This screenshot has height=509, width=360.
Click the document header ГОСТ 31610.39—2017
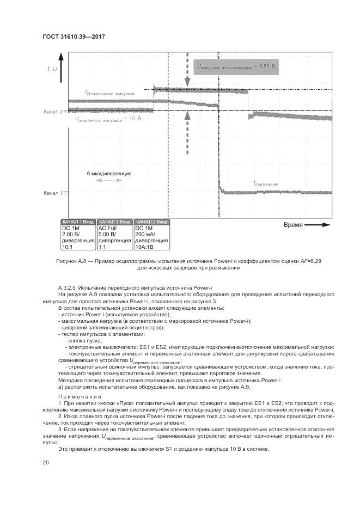point(73,36)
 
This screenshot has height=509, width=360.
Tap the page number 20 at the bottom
point(46,462)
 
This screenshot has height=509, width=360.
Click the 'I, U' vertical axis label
point(52,68)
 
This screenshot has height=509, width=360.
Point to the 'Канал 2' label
point(53,112)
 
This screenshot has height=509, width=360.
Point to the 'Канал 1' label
point(53,192)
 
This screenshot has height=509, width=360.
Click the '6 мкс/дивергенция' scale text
point(109,173)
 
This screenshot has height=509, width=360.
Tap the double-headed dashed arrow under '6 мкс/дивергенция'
point(109,180)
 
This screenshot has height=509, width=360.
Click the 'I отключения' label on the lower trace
point(266,184)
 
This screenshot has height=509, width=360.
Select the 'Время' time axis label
point(293,224)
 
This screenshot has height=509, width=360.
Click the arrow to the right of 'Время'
point(318,224)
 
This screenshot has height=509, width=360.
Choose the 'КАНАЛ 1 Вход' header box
point(78,222)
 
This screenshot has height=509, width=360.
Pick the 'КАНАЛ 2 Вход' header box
point(114,222)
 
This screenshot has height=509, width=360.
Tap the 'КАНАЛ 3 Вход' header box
point(151,222)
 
